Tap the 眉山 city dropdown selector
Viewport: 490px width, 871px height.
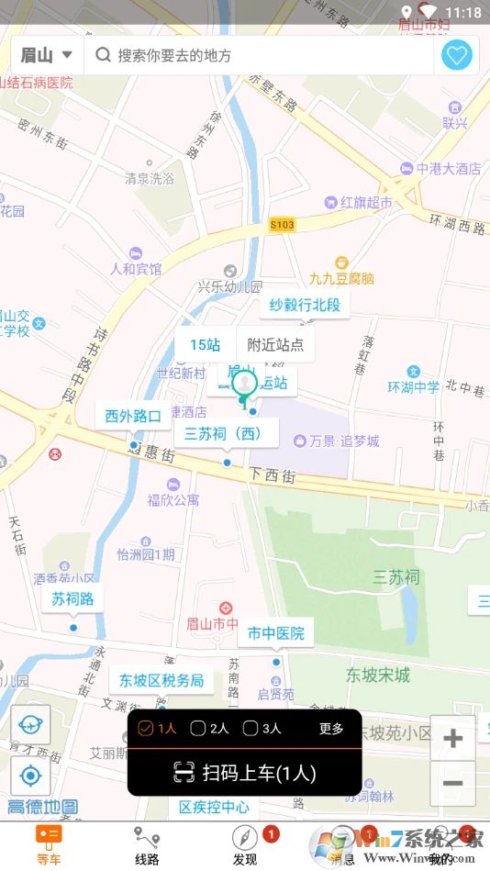coord(47,56)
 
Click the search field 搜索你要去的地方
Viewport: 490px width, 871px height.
coord(257,56)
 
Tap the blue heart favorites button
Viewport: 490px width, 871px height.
coord(457,56)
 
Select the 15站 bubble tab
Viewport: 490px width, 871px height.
coord(206,345)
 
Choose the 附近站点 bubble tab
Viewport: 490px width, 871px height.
coord(275,345)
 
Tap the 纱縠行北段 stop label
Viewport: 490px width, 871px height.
coord(305,305)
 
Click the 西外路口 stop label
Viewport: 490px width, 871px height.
coord(133,416)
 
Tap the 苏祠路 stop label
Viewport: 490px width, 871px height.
coord(72,599)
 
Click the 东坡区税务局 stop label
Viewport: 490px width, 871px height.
coord(161,681)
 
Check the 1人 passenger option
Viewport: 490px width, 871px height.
coord(157,729)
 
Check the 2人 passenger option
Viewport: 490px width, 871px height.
coord(209,729)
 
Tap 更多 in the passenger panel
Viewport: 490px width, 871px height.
coord(331,729)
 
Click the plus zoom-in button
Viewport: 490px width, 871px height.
coord(452,739)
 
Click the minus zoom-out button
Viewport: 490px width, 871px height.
coord(452,784)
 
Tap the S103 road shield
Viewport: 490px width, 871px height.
coord(283,225)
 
